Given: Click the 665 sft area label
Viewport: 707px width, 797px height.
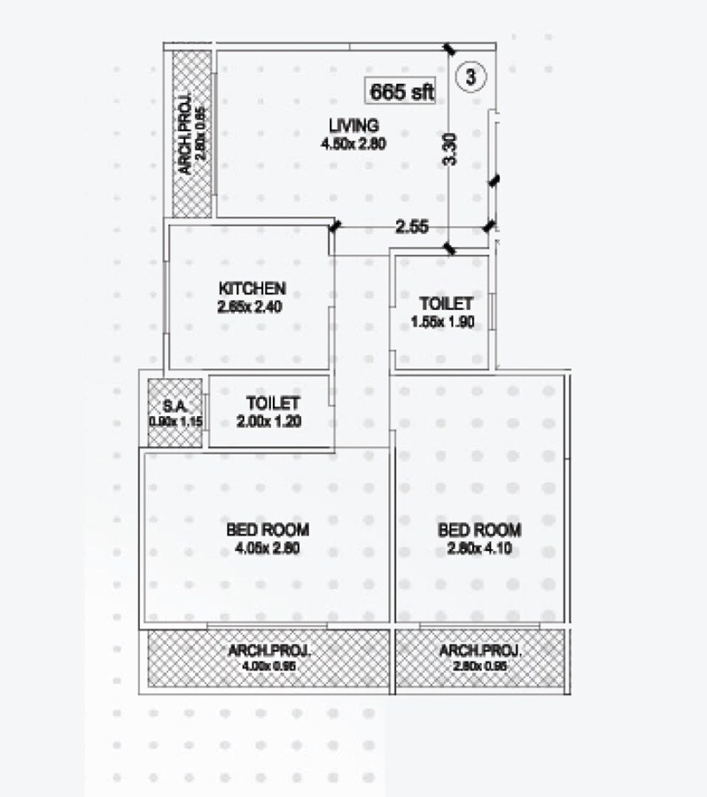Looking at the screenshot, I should (x=402, y=90).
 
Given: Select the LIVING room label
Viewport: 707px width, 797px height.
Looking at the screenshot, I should (x=353, y=124).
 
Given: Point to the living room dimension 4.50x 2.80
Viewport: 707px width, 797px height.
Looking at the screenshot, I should (x=353, y=142).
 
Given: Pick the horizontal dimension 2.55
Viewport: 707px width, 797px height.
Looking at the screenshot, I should (x=412, y=227).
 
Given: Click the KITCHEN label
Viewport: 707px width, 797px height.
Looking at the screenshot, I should (x=252, y=289).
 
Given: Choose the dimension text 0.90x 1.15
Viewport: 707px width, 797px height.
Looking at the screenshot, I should (x=177, y=422).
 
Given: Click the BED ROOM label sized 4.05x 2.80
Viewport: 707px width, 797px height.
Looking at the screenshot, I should (x=268, y=530).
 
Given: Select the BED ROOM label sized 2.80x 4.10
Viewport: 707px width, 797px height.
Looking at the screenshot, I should (x=479, y=530).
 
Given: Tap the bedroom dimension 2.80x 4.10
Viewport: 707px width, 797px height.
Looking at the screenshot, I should (x=479, y=548).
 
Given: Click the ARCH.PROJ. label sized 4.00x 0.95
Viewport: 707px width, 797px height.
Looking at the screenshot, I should (x=269, y=651).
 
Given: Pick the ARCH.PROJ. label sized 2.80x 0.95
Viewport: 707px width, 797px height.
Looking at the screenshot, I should (x=480, y=651).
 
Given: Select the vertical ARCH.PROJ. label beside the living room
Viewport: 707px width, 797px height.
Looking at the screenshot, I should (x=184, y=135).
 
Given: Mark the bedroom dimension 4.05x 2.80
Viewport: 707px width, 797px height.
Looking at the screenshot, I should (x=268, y=548).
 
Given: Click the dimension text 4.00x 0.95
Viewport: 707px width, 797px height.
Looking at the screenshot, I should (x=269, y=667).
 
